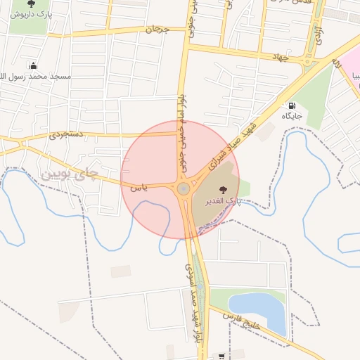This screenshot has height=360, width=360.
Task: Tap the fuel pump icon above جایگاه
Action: tap(292, 105)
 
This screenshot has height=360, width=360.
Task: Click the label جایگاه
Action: tap(292, 115)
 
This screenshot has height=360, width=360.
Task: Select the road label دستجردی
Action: tap(67, 134)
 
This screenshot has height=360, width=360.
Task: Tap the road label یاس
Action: tap(139, 187)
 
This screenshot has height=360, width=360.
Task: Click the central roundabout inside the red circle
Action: tap(183, 188)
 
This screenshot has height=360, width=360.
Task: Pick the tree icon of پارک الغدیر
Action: tap(224, 189)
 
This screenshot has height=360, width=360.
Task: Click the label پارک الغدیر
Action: tap(223, 201)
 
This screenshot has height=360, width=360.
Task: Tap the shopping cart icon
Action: tap(222, 356)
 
